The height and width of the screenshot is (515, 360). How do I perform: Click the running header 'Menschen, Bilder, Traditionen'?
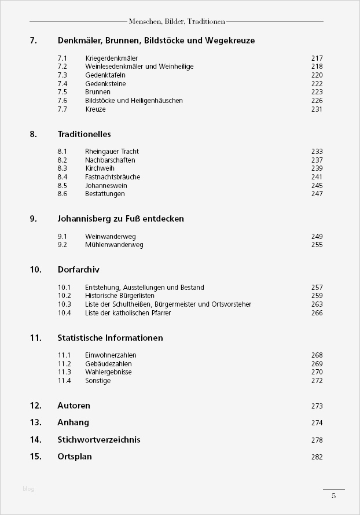[x=177, y=21]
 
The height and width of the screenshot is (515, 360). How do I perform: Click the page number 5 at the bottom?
[x=333, y=495]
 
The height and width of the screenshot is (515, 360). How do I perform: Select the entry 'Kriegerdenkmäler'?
[x=111, y=58]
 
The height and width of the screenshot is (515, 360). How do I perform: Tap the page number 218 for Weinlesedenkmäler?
[x=317, y=67]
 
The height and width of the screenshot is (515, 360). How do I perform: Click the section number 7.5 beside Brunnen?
[x=63, y=92]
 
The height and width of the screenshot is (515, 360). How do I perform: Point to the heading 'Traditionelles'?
[x=84, y=134]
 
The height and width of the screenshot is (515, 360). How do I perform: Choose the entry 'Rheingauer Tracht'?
[x=112, y=152]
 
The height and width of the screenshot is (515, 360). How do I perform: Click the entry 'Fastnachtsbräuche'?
[x=112, y=177]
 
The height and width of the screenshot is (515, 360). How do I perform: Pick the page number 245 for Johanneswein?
[x=317, y=186]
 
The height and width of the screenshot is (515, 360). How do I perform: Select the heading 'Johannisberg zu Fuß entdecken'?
[x=120, y=219]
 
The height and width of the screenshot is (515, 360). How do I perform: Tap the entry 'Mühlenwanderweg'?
[x=114, y=245]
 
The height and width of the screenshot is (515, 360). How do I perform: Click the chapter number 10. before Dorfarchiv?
[x=35, y=270]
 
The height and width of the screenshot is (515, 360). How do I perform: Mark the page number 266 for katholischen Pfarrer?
[x=317, y=313]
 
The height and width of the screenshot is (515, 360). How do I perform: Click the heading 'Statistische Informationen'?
[x=110, y=338]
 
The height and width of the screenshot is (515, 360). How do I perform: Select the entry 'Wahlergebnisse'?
[x=108, y=372]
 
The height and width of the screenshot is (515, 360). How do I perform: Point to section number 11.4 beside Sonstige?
[x=64, y=381]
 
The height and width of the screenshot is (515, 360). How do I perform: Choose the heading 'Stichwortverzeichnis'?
[x=98, y=440]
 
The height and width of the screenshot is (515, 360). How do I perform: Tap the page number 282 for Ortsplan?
[x=317, y=457]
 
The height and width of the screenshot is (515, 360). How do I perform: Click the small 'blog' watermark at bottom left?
[x=28, y=489]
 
